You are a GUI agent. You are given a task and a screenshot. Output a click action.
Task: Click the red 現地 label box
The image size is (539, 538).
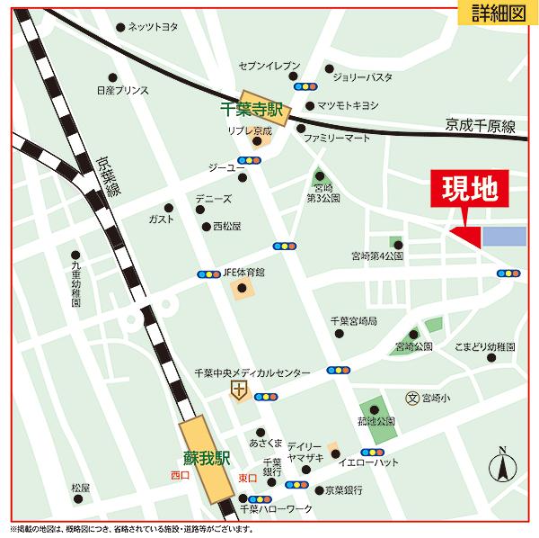pos(469,190)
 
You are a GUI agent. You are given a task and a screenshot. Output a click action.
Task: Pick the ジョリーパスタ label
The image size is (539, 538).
pos(362,77)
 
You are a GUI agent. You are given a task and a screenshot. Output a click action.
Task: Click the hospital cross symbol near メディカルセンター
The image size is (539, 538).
pos(238,390)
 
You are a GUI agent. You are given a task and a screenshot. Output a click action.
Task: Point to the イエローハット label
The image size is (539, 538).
pos(368,462)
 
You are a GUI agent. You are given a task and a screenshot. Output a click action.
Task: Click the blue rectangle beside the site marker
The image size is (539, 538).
pos(504,237)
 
